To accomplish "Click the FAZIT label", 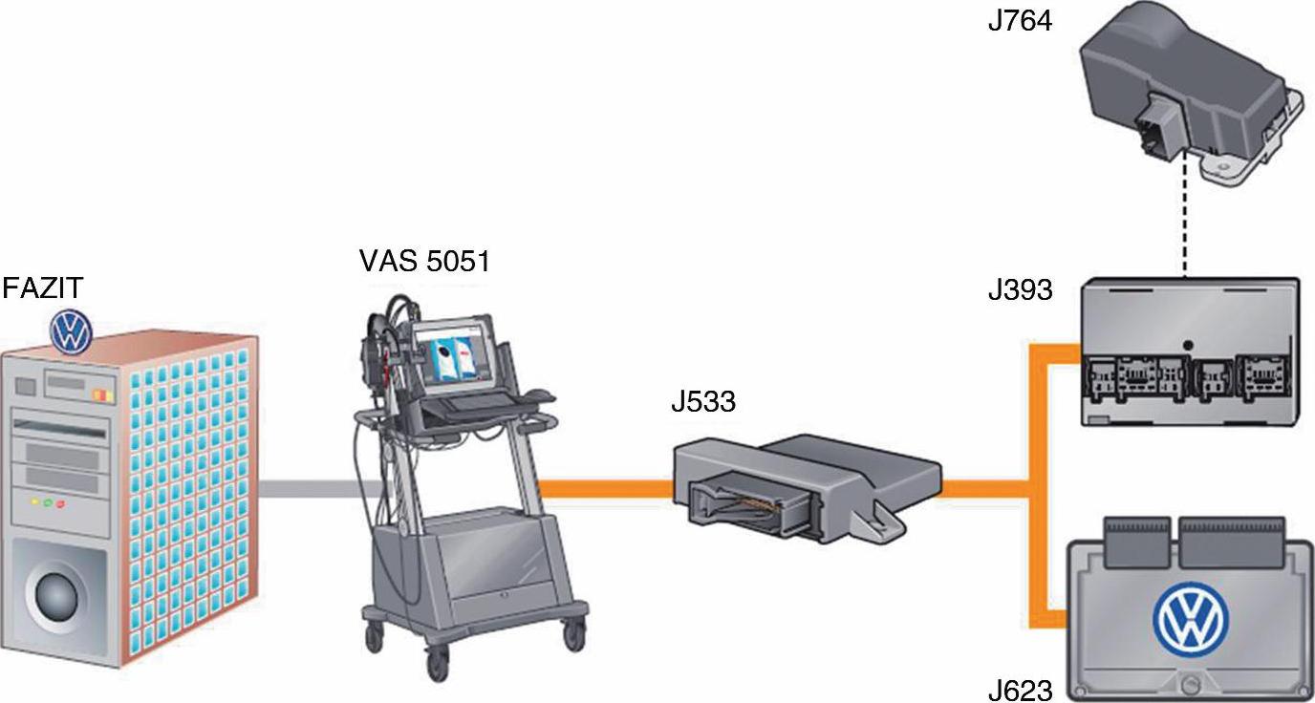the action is click(43, 288).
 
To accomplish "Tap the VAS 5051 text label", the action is click(424, 260).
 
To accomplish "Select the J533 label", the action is click(703, 402).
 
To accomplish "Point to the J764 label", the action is click(1020, 21).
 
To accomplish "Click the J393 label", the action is click(1020, 288).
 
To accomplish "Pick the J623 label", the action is click(1020, 689).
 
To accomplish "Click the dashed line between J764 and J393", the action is click(1185, 229).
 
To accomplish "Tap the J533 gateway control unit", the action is click(803, 482).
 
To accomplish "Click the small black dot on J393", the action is click(1186, 345).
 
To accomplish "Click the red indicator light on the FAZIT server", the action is click(60, 502).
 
